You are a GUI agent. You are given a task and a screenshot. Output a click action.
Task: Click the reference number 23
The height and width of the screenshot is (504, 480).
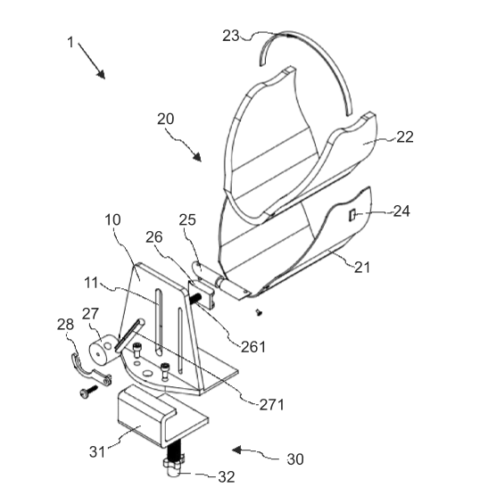click(x=231, y=36)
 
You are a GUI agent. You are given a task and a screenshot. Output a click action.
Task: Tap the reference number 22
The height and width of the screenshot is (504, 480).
click(x=405, y=137)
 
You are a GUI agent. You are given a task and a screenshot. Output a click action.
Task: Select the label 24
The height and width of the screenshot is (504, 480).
click(x=401, y=211)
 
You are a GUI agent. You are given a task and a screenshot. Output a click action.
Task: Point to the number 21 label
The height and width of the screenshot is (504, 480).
click(x=362, y=267)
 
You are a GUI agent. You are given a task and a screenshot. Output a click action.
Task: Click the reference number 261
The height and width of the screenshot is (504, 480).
click(x=253, y=347)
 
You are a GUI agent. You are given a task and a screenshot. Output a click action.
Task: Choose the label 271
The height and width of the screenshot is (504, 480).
click(x=271, y=405)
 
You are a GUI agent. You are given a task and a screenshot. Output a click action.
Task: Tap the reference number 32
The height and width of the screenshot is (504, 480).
click(x=227, y=477)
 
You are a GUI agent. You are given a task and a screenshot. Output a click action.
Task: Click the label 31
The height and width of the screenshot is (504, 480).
click(x=97, y=451)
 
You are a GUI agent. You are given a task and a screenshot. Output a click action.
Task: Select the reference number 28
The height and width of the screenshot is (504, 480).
click(x=66, y=325)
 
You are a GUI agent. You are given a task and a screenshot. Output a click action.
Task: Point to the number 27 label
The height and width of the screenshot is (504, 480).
click(x=90, y=313)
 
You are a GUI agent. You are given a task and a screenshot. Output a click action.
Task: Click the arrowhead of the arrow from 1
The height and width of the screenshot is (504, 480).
click(x=101, y=74)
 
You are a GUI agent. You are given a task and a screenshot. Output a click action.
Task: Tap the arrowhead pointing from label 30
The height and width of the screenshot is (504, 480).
click(x=236, y=450)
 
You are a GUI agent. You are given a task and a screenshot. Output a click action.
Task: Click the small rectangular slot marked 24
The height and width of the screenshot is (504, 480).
click(x=352, y=215)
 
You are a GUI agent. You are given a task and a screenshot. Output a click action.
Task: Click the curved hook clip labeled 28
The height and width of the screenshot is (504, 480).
click(x=89, y=370)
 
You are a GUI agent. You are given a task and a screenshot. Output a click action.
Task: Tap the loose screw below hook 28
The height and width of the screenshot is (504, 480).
click(x=88, y=392)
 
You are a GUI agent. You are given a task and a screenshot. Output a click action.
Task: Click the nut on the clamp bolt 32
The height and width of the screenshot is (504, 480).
click(x=174, y=465)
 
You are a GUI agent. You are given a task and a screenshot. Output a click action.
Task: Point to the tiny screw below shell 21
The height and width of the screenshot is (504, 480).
click(x=259, y=312)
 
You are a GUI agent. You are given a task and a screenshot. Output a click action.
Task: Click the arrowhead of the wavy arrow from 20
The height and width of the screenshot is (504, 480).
click(x=197, y=156)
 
